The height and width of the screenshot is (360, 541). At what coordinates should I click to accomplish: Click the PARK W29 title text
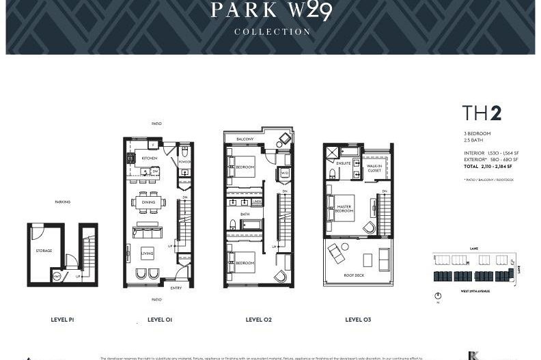[x=272, y=10]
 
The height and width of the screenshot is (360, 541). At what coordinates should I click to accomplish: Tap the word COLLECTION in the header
[x=272, y=31]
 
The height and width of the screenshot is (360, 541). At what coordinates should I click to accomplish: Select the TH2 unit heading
[x=482, y=113]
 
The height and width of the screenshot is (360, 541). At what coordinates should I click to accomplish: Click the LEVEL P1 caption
[x=62, y=319]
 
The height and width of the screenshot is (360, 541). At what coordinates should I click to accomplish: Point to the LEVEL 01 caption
[x=160, y=319]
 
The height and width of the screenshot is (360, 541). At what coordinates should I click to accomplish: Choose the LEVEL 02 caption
[x=259, y=319]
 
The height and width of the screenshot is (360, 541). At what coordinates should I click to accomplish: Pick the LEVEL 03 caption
[x=358, y=319]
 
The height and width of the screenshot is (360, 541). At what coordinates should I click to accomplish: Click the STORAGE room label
[x=44, y=251]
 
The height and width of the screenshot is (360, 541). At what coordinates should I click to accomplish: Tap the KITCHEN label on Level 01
[x=149, y=158]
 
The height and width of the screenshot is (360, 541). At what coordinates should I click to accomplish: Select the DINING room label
[x=148, y=202]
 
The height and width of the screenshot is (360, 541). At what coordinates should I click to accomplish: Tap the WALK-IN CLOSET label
[x=374, y=168]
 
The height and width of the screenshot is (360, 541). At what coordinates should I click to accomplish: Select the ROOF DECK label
[x=354, y=276]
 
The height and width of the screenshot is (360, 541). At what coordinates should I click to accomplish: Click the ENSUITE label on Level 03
[x=344, y=163]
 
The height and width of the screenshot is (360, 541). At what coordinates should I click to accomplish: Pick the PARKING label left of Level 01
[x=63, y=202]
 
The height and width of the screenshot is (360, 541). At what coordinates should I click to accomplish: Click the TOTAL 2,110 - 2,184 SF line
[x=488, y=167]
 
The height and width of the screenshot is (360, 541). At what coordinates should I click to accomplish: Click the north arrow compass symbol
[x=438, y=296]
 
